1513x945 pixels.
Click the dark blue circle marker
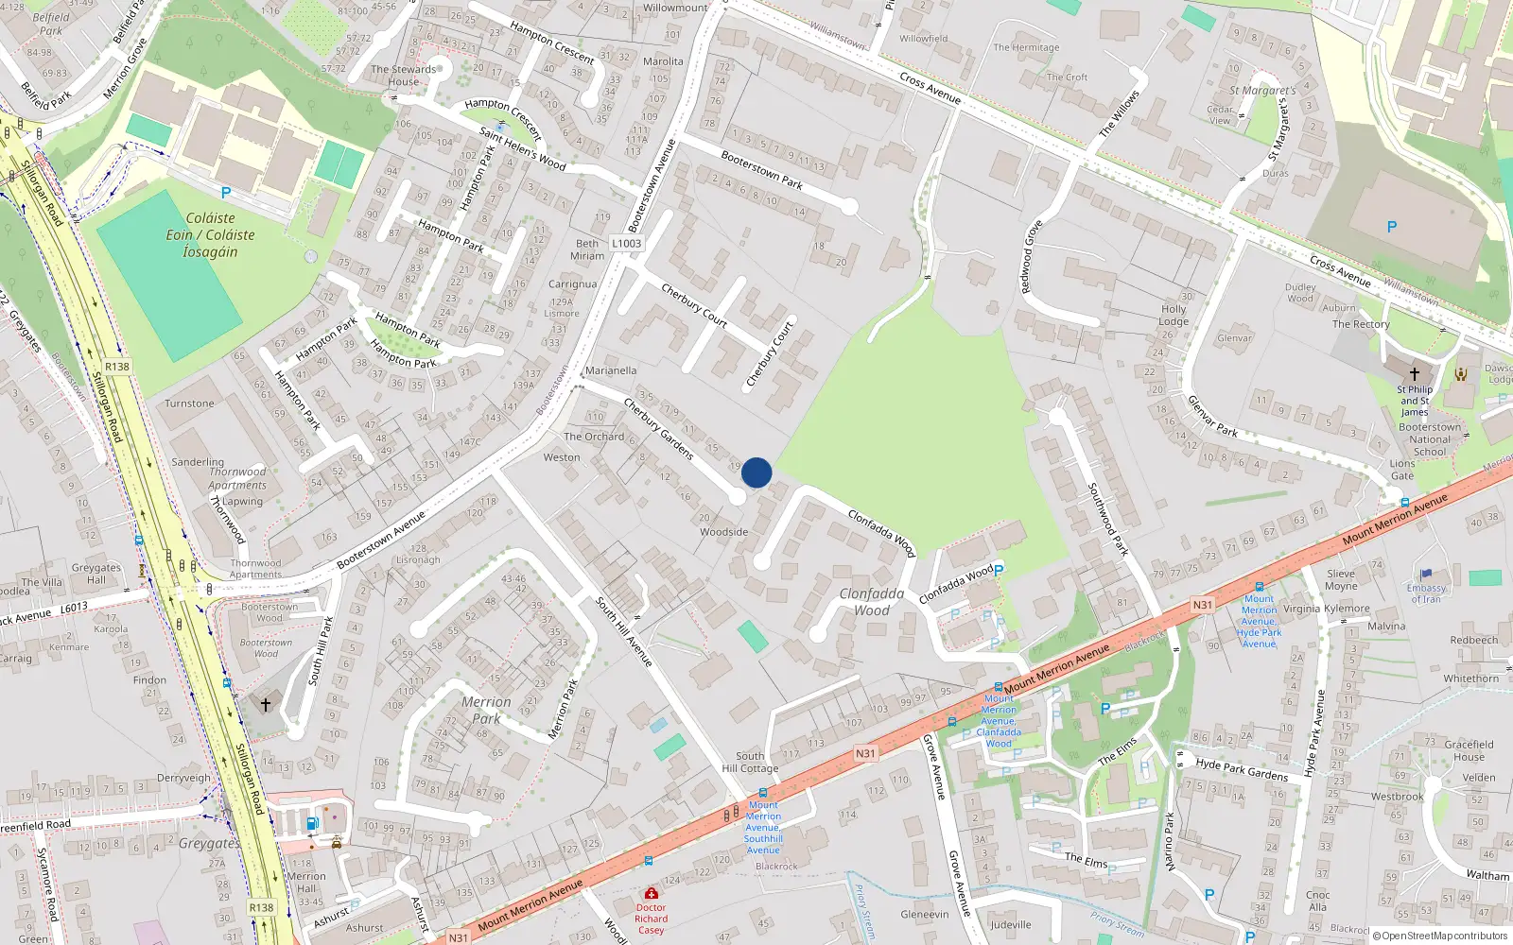[756, 472]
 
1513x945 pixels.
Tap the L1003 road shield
[626, 243]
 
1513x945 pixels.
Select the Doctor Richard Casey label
[651, 919]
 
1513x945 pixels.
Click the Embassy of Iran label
[1426, 593]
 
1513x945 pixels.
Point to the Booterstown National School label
[1429, 439]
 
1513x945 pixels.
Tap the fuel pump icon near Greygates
[312, 823]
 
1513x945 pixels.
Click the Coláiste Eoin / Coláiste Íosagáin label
[210, 234]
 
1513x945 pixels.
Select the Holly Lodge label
[1174, 315]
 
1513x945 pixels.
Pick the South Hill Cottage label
[750, 762]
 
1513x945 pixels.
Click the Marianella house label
[610, 370]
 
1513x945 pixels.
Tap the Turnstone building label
[189, 404]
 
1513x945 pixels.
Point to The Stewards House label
[404, 76]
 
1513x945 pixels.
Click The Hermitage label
[1026, 47]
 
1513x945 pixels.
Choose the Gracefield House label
[1469, 750]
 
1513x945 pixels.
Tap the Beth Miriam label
[587, 249]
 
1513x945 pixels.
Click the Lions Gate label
[1402, 470]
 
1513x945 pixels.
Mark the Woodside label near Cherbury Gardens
[723, 532]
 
